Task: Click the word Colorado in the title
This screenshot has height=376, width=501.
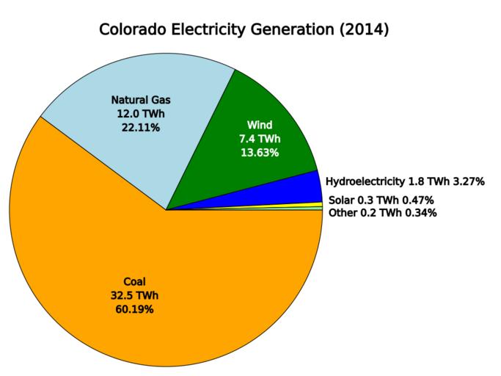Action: (x=133, y=31)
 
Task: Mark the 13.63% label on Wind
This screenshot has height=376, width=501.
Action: (x=260, y=152)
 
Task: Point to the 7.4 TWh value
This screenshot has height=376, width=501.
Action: (x=260, y=138)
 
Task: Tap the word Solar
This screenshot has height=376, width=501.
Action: (x=340, y=200)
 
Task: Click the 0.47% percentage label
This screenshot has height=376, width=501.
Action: (x=417, y=200)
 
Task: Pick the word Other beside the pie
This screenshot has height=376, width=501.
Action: (x=342, y=213)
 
